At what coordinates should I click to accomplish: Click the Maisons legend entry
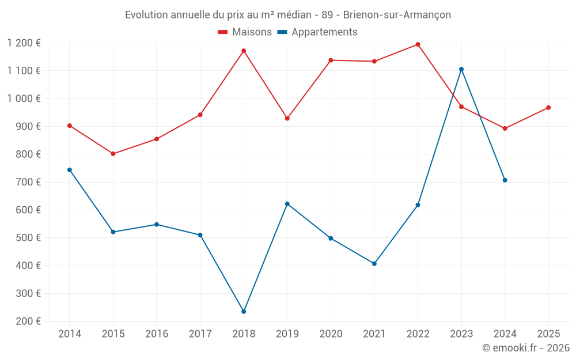coord(245,32)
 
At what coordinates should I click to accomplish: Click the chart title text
coord(288,14)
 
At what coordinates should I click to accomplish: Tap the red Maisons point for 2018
coord(244,51)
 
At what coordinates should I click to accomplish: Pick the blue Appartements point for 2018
coord(244,312)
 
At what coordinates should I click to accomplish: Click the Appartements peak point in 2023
coord(461,69)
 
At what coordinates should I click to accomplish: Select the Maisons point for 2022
coord(418,44)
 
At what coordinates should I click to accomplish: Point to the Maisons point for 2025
coord(548,108)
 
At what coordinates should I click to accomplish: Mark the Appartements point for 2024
coord(505,180)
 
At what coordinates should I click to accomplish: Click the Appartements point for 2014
coord(70,170)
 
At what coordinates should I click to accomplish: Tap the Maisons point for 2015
coord(113,154)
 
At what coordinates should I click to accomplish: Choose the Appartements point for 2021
coord(374,264)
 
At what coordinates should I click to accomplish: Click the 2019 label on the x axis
coord(287,334)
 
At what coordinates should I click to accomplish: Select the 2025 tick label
coord(548,334)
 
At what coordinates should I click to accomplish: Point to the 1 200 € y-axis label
coord(24,43)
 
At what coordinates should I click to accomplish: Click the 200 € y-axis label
coord(27,321)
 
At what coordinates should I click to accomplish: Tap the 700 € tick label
coord(27,182)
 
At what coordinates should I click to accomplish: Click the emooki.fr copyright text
coord(525,348)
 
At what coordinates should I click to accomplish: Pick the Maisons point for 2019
coord(287,119)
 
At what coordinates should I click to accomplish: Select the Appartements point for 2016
coord(157,225)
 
